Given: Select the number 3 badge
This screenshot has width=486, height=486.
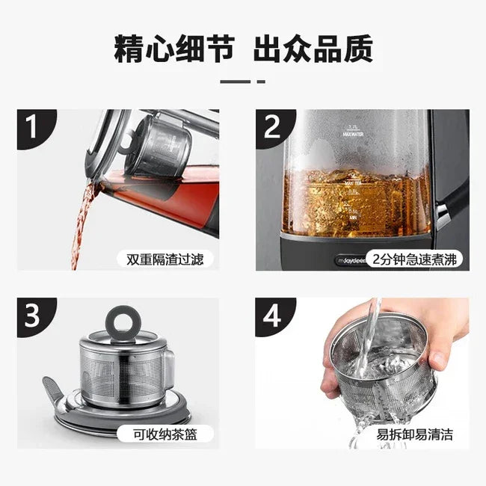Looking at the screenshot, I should [31, 316].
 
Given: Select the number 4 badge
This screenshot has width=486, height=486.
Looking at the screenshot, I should [271, 316].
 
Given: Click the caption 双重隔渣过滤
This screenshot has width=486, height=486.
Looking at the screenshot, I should [164, 259].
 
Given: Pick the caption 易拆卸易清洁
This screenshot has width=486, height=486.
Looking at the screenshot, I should [415, 434].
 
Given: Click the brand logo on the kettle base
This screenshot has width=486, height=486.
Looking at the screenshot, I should [294, 259].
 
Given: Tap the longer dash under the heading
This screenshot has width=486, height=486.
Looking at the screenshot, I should [234, 81].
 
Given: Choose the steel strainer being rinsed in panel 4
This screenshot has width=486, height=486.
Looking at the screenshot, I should [381, 366].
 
